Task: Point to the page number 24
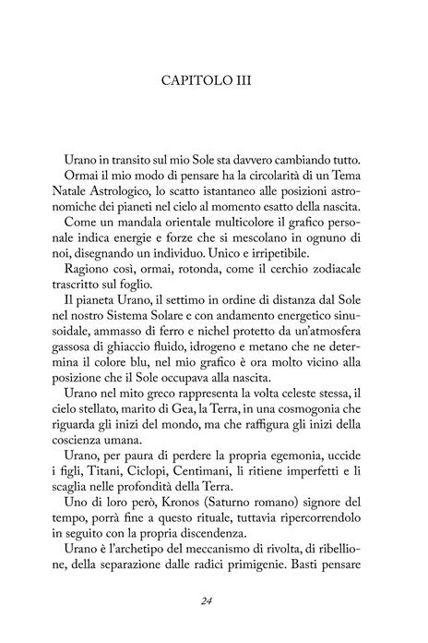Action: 214,601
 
